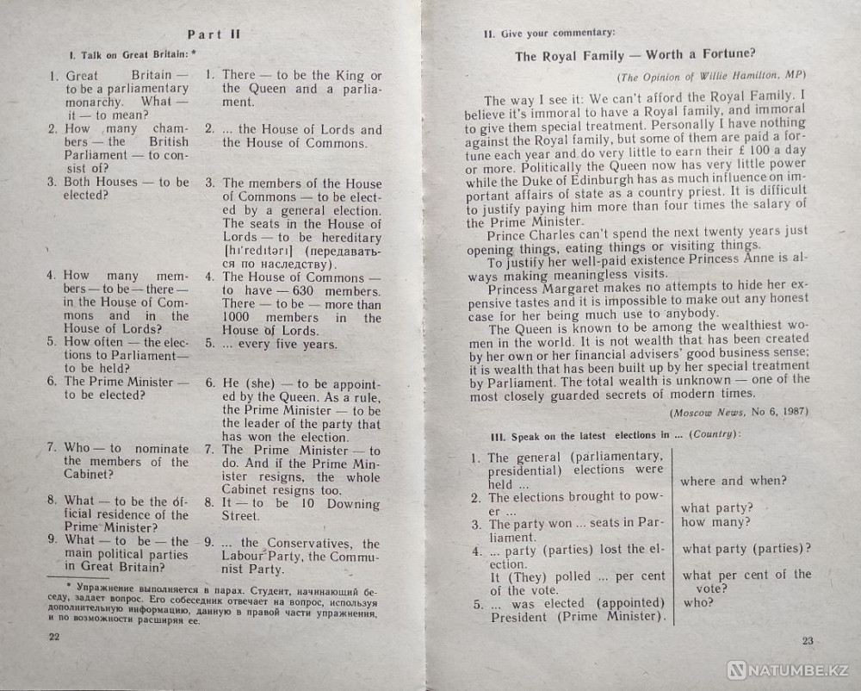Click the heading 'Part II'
pyautogui.click(x=214, y=34)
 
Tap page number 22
pyautogui.click(x=53, y=636)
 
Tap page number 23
pyautogui.click(x=807, y=639)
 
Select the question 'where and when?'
pyautogui.click(x=733, y=481)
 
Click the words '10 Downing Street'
pyautogui.click(x=319, y=508)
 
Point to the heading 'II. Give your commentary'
pyautogui.click(x=549, y=34)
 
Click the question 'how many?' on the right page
pyautogui.click(x=715, y=522)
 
